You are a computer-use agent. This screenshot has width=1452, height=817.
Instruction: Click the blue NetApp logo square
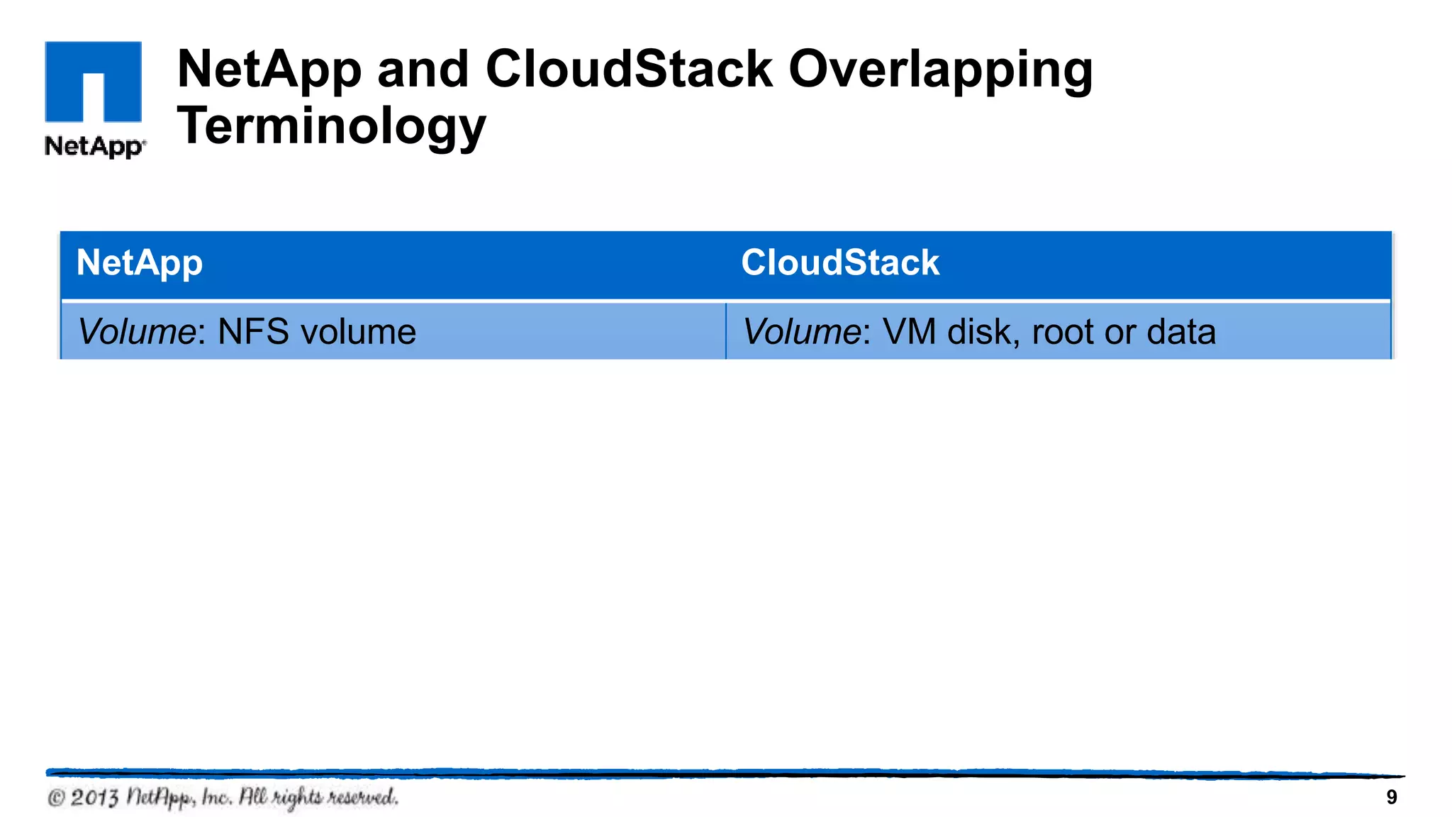[x=93, y=82]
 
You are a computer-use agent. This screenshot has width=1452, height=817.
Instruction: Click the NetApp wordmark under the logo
[x=94, y=146]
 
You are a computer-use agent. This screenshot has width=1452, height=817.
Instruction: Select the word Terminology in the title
[x=331, y=126]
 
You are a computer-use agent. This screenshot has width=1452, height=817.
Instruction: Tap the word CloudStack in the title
[x=628, y=70]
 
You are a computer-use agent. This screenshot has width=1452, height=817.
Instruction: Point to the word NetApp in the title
[x=269, y=70]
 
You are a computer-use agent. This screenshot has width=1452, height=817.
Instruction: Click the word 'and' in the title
[x=423, y=70]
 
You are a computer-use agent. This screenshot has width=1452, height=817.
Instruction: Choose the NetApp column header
[x=140, y=263]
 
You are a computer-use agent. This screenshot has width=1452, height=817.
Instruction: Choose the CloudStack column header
[x=840, y=263]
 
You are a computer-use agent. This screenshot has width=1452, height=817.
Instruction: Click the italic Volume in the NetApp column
[x=136, y=332]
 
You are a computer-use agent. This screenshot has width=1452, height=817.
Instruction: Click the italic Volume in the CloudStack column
[x=801, y=332]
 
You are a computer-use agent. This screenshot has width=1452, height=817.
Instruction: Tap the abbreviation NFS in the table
[x=253, y=332]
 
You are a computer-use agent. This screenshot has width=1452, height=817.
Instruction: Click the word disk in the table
[x=982, y=332]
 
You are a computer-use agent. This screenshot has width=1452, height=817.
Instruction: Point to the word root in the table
[x=1063, y=332]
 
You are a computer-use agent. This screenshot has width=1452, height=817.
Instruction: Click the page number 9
[x=1391, y=798]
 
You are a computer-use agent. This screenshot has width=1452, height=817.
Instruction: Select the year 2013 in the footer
[x=94, y=798]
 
